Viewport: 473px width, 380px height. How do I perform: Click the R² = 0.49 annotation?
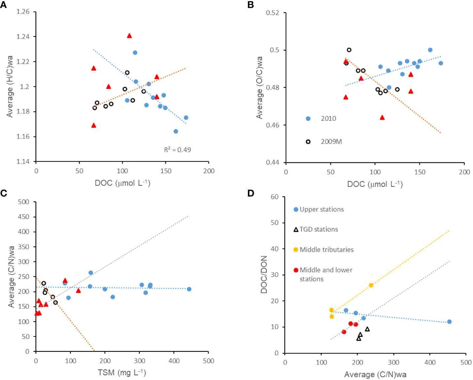click(x=178, y=150)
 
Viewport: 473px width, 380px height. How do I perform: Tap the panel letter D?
click(x=251, y=193)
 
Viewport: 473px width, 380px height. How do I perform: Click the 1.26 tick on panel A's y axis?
click(x=23, y=12)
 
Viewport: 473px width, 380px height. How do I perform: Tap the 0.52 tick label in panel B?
click(x=273, y=13)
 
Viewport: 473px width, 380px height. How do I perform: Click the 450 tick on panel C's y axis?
click(x=24, y=217)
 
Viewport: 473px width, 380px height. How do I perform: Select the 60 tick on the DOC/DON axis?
click(x=275, y=197)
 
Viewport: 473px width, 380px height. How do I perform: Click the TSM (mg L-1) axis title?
click(x=122, y=372)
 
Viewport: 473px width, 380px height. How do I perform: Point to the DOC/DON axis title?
click(x=264, y=274)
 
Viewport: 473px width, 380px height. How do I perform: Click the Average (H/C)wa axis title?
click(x=10, y=86)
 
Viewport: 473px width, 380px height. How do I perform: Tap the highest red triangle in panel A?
click(x=129, y=36)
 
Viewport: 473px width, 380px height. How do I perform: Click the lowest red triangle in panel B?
click(x=382, y=117)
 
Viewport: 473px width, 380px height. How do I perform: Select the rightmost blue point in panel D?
click(x=449, y=322)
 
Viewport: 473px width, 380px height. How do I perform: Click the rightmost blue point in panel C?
click(x=189, y=289)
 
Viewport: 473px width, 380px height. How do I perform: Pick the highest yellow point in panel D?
click(x=371, y=285)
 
